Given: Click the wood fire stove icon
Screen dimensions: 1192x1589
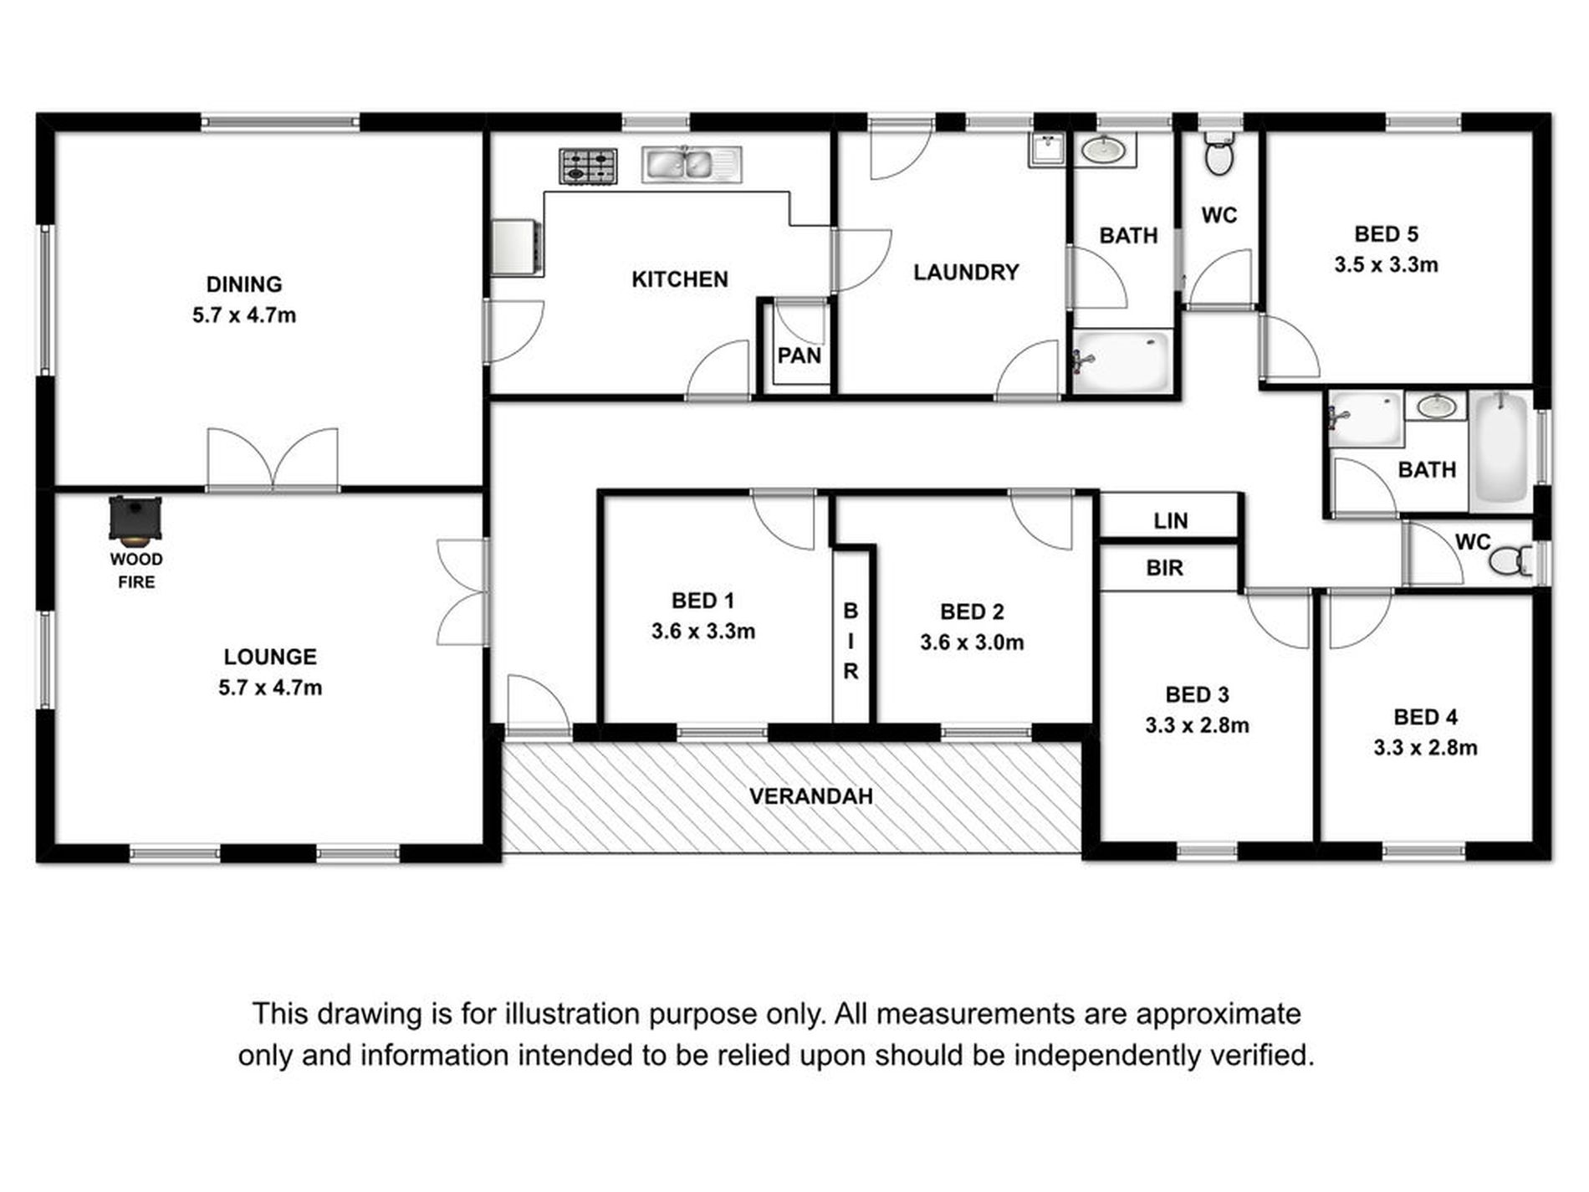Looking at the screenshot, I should coord(135,519).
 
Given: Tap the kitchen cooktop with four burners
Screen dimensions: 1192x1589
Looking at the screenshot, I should coord(589,166).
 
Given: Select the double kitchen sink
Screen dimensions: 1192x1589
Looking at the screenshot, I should coord(691,165).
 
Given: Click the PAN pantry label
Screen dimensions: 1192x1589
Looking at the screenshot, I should coord(799,356).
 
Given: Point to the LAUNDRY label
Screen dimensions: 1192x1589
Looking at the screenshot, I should coord(966,272).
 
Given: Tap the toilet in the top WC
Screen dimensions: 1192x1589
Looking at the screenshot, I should coord(1219,156).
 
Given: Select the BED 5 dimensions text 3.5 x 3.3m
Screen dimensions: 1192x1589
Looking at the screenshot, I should coord(1386,265).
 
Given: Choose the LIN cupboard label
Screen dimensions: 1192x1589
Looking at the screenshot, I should coord(1170,521).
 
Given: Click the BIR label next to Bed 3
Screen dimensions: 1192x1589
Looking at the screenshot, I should coord(1164,568).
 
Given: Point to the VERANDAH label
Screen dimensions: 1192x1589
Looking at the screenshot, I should coord(810,796).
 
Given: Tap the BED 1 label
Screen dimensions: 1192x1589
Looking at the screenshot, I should coord(703,601).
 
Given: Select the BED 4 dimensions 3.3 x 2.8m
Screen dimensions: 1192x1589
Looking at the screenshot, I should coord(1425,748).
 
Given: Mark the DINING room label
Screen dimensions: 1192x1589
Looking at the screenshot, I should coord(244,284).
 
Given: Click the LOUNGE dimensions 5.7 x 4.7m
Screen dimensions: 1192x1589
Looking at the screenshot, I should coord(269,688).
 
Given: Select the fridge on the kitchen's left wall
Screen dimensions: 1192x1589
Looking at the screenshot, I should coord(514,247).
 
